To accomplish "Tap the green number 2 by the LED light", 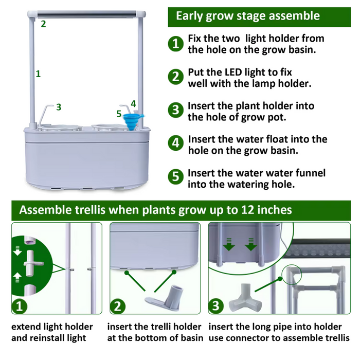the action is click(x=43, y=24).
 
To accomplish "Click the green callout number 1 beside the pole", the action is click(x=38, y=74).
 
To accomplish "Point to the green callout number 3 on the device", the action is click(x=59, y=107).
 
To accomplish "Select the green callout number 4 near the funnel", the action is click(x=133, y=104).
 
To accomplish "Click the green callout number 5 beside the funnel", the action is click(x=119, y=114).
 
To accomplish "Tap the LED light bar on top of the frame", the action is click(x=86, y=14).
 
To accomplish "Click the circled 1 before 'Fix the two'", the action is click(x=176, y=44).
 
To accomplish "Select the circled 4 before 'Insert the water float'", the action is click(x=176, y=143).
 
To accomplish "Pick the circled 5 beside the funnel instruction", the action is click(x=176, y=177).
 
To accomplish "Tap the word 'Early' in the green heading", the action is click(x=190, y=16).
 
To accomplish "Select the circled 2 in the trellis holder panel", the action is click(x=117, y=307).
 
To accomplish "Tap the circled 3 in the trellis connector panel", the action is click(x=216, y=306).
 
